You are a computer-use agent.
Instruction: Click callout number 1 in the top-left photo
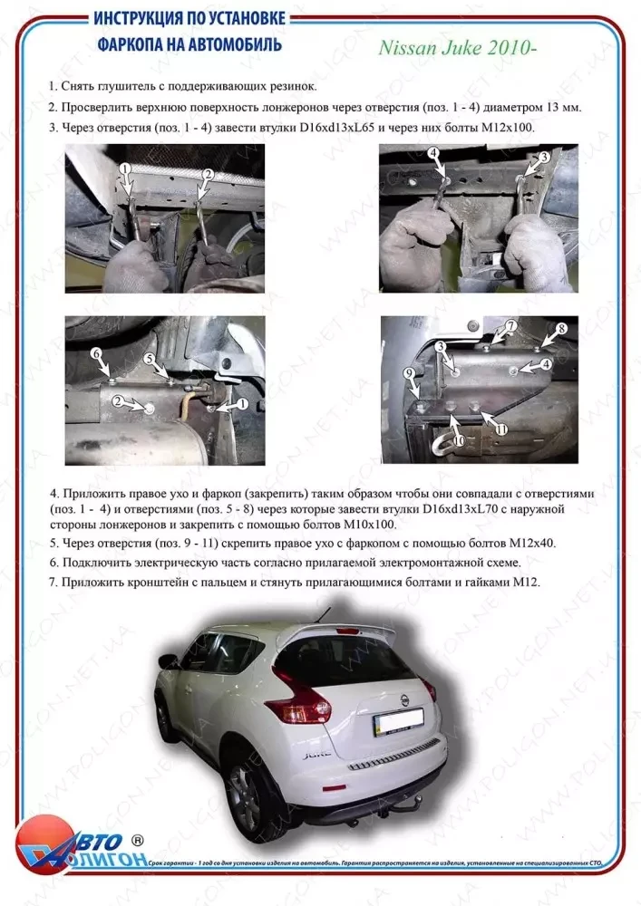click(x=126, y=169)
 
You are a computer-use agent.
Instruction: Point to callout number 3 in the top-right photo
click(x=544, y=157)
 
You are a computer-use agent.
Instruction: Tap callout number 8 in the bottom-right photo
click(x=560, y=328)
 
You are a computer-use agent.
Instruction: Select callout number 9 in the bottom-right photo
click(x=408, y=373)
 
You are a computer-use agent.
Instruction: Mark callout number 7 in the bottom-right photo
click(x=510, y=325)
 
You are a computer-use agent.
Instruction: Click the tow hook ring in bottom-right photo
click(x=445, y=443)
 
